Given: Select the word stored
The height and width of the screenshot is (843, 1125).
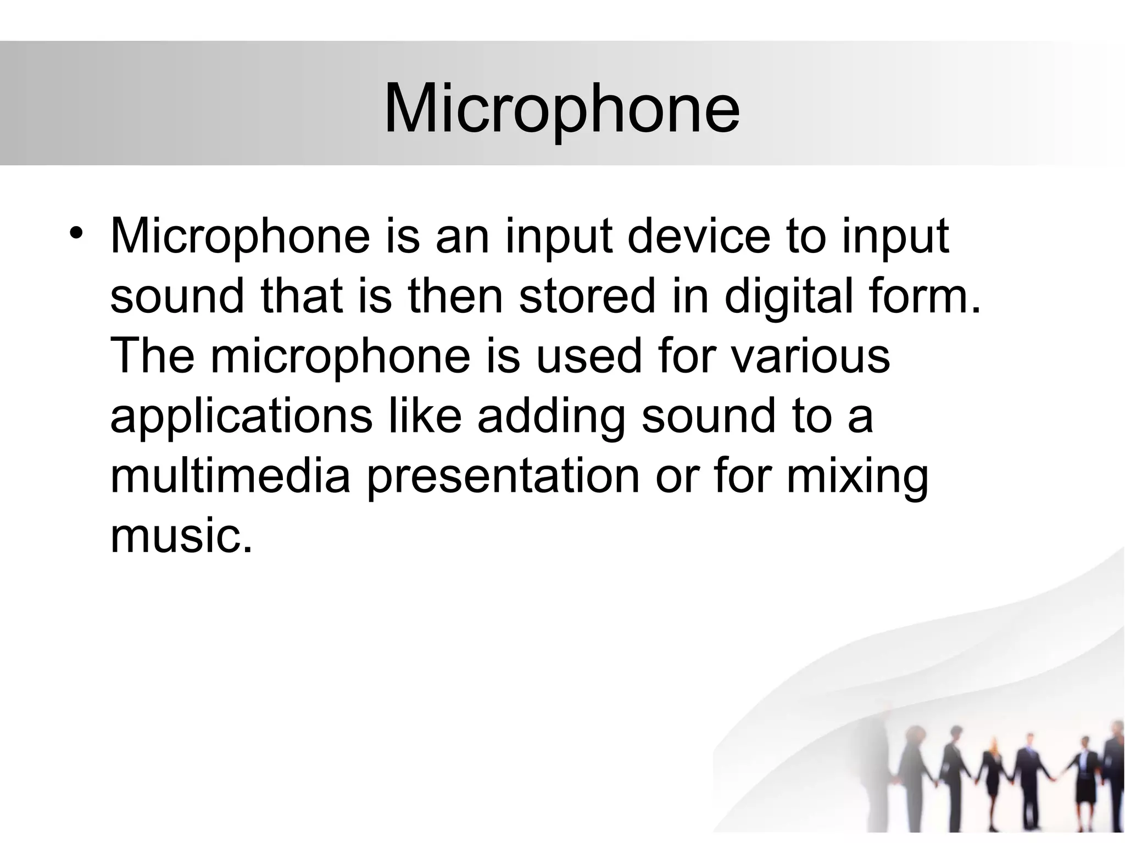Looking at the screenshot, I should pyautogui.click(x=587, y=296).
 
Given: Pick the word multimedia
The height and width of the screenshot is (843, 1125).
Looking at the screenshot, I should pyautogui.click(x=230, y=475).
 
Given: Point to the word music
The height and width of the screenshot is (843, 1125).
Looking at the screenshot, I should pyautogui.click(x=181, y=535).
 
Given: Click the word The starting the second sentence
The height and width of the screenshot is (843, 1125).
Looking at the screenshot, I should pyautogui.click(x=152, y=356).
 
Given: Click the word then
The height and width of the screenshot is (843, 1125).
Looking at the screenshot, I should pyautogui.click(x=455, y=296).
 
